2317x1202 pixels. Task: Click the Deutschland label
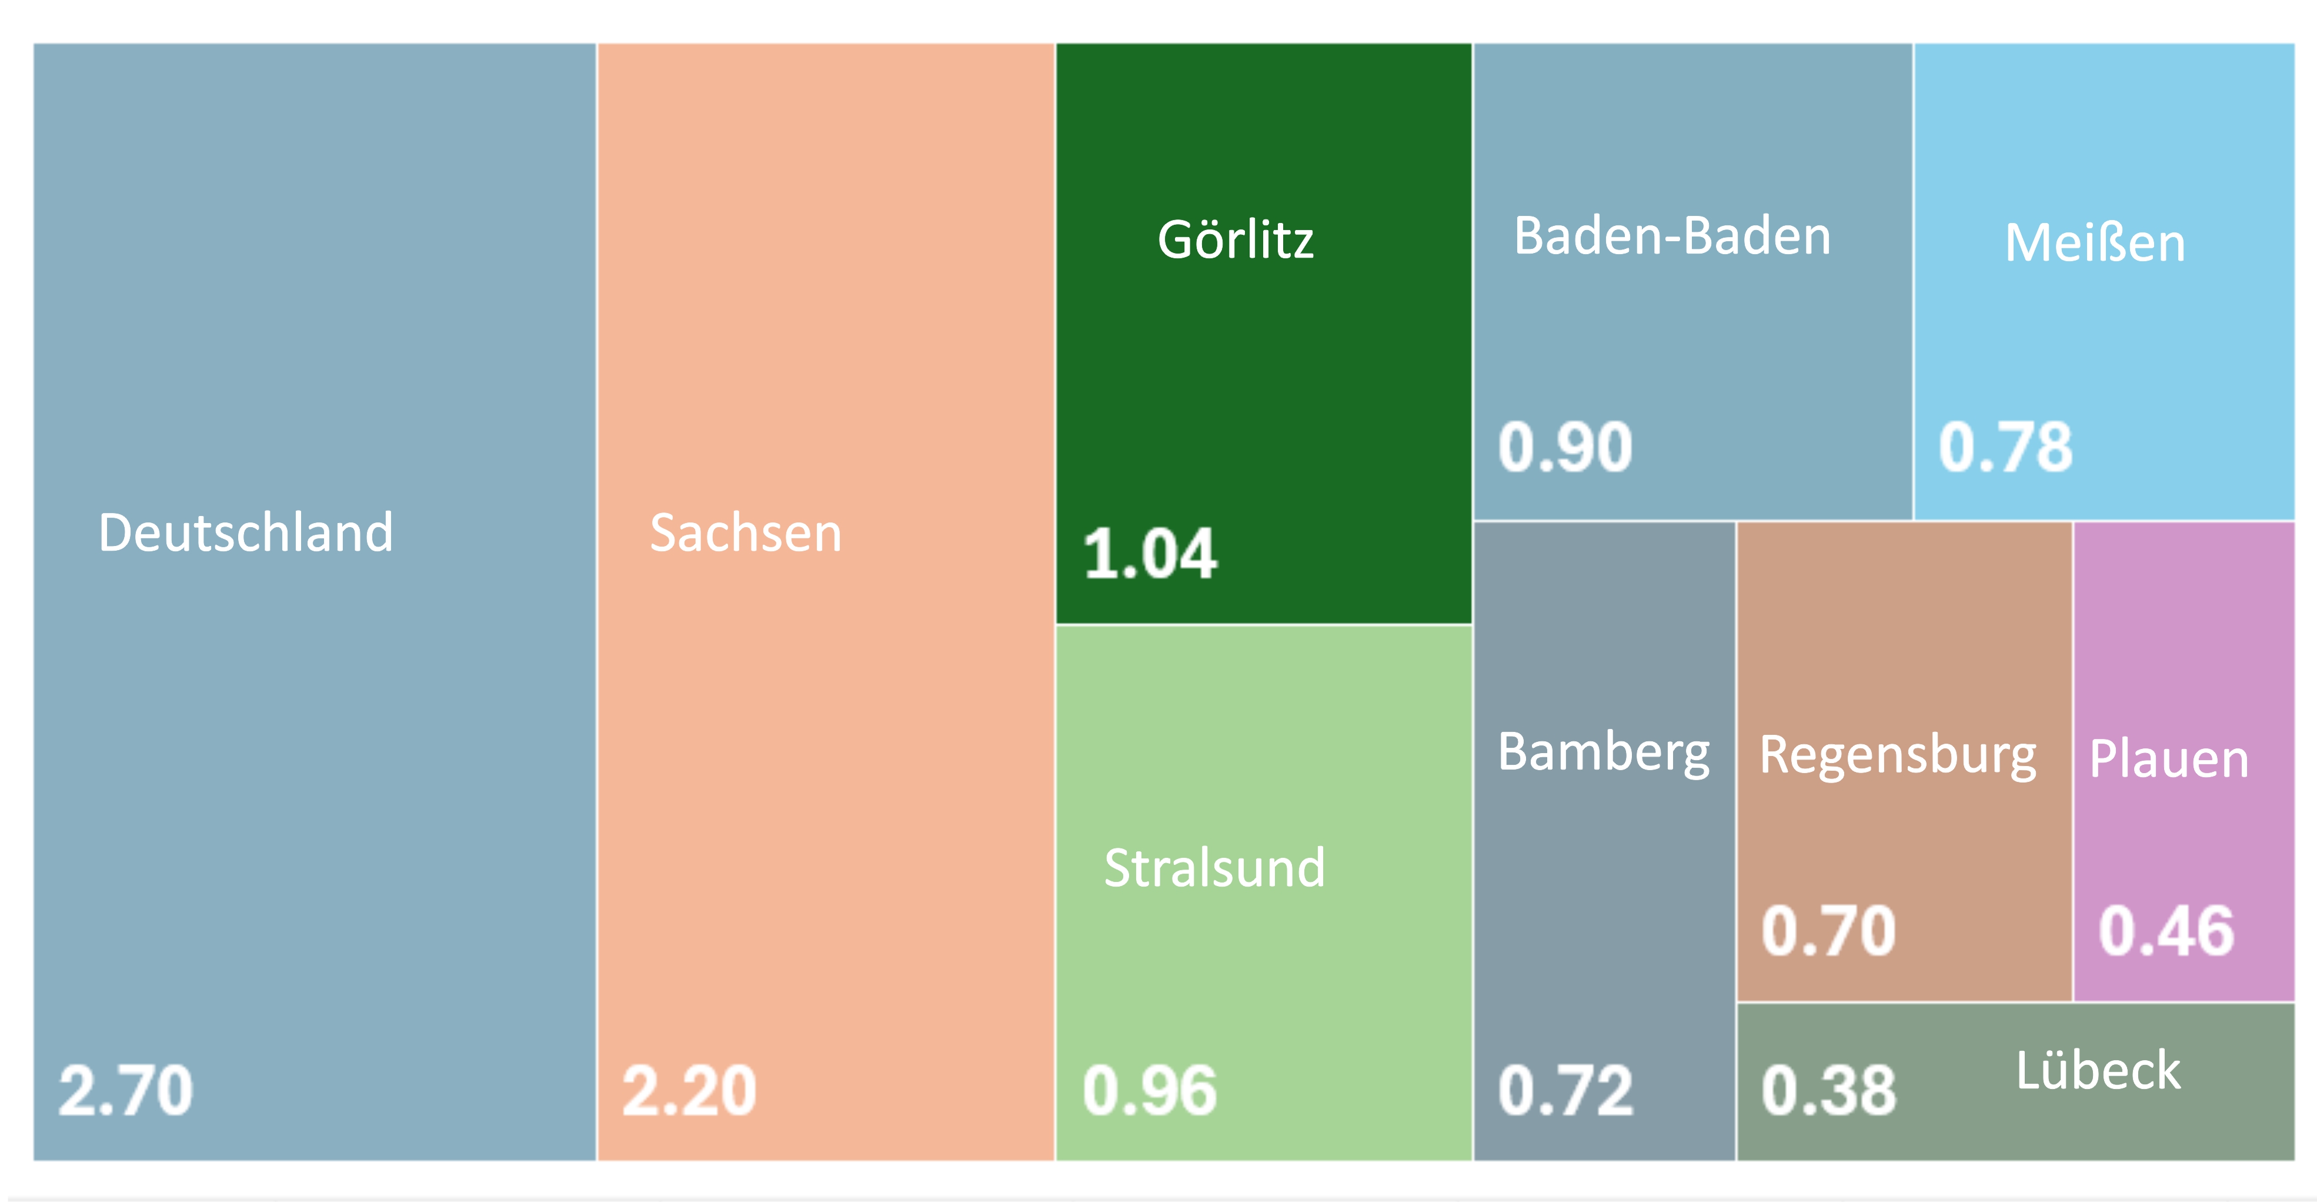click(246, 532)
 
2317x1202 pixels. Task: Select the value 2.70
click(126, 1090)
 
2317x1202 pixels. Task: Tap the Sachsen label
click(746, 532)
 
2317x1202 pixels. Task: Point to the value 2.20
click(689, 1090)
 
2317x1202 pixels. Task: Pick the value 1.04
click(1150, 553)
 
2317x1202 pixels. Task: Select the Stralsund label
click(1214, 868)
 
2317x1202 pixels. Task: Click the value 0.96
click(1150, 1090)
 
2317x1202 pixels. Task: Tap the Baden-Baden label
click(1672, 236)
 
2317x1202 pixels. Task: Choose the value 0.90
click(1565, 447)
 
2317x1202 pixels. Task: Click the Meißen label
click(2095, 243)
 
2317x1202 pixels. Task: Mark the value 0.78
click(2005, 447)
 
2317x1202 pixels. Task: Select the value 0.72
click(1565, 1090)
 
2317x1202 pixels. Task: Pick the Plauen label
click(2169, 758)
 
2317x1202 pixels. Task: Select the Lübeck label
click(2098, 1071)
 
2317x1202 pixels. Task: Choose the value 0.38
click(1828, 1090)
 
